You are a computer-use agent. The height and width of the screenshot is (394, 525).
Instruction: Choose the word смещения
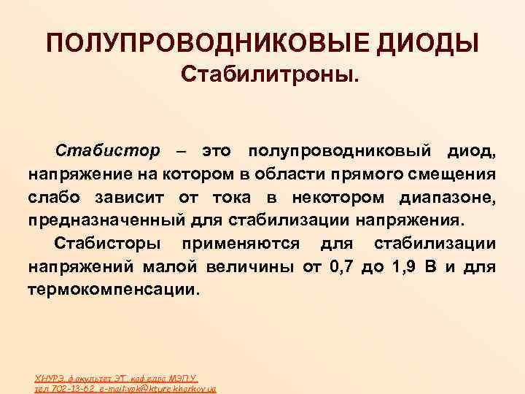pos(454,174)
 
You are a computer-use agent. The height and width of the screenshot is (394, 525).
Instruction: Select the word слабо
pos(53,197)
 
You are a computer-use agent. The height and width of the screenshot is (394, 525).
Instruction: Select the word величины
pos(251,266)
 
